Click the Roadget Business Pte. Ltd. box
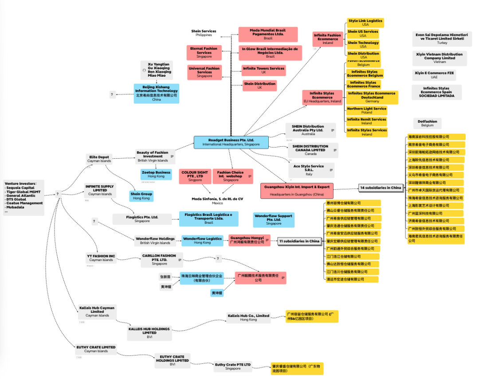pos(231,142)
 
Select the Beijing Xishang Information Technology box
pos(156,94)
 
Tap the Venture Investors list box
pos(24,197)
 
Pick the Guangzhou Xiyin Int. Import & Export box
pos(297,191)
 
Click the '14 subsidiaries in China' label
pos(381,188)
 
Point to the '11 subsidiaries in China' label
pos(299,241)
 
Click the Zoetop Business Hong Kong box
pos(156,174)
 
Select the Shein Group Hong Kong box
pos(141,196)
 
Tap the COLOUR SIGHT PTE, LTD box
pos(195,176)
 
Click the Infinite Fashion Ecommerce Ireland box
pos(327,39)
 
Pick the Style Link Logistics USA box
pos(365,23)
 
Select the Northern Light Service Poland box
pos(366,110)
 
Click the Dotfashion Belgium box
pos(427,123)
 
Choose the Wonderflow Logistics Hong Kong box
pos(202,241)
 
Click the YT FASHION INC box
pos(101,258)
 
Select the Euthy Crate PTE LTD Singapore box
pos(232,366)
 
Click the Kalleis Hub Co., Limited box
pos(248,317)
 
